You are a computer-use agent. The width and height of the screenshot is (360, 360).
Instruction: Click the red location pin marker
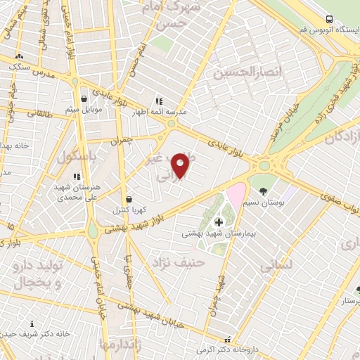[181, 165]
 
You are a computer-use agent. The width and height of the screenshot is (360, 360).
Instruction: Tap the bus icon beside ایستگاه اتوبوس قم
[329, 19]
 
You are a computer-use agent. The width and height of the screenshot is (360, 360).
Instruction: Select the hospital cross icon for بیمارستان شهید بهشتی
[218, 222]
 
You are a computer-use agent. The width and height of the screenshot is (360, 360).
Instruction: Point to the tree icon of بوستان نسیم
[264, 191]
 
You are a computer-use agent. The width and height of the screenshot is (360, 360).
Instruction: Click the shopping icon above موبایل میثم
[84, 98]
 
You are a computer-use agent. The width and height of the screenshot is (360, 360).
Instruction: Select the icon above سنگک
[19, 56]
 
